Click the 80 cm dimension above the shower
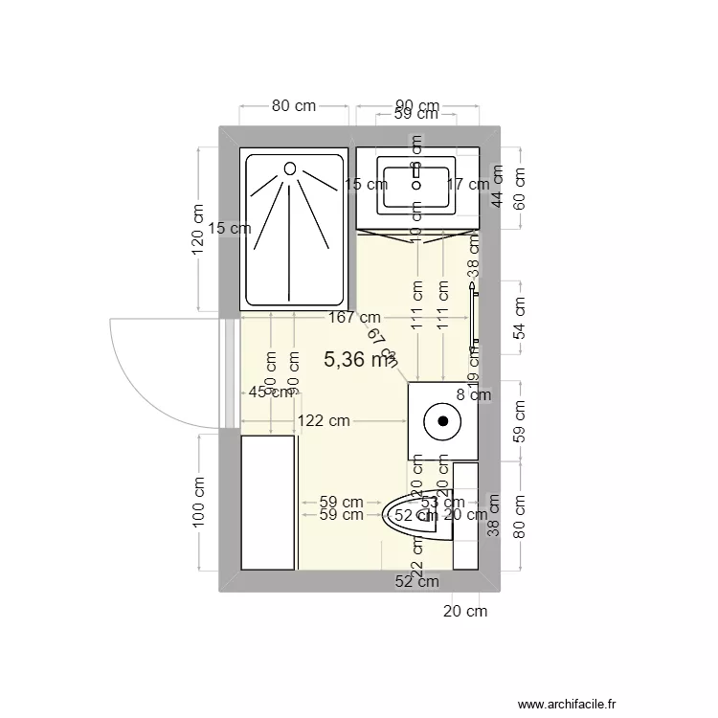(x=294, y=106)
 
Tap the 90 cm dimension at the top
(x=416, y=106)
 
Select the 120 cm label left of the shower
(x=198, y=230)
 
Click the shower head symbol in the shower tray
(x=289, y=168)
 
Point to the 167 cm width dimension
(x=353, y=317)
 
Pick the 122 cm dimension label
(x=323, y=420)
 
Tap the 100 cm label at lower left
(x=198, y=503)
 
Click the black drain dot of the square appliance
(x=443, y=420)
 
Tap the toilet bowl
(x=415, y=517)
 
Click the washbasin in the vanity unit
(x=415, y=188)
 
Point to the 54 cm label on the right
(x=521, y=319)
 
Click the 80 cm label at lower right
(x=521, y=517)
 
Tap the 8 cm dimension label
(x=473, y=393)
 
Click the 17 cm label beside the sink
(x=468, y=185)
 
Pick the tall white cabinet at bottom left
(x=267, y=503)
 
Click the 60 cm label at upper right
(x=521, y=190)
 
